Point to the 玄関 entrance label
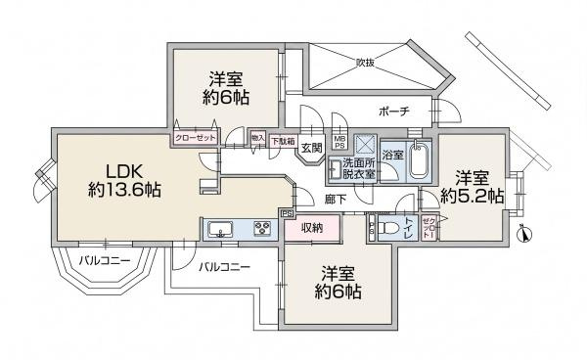tap(311, 149)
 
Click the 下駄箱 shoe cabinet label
tap(283, 139)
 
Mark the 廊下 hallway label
tap(334, 200)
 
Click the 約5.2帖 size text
tap(473, 196)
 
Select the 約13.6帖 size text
tap(115, 190)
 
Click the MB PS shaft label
tap(339, 143)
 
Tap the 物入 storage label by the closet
tap(258, 140)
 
